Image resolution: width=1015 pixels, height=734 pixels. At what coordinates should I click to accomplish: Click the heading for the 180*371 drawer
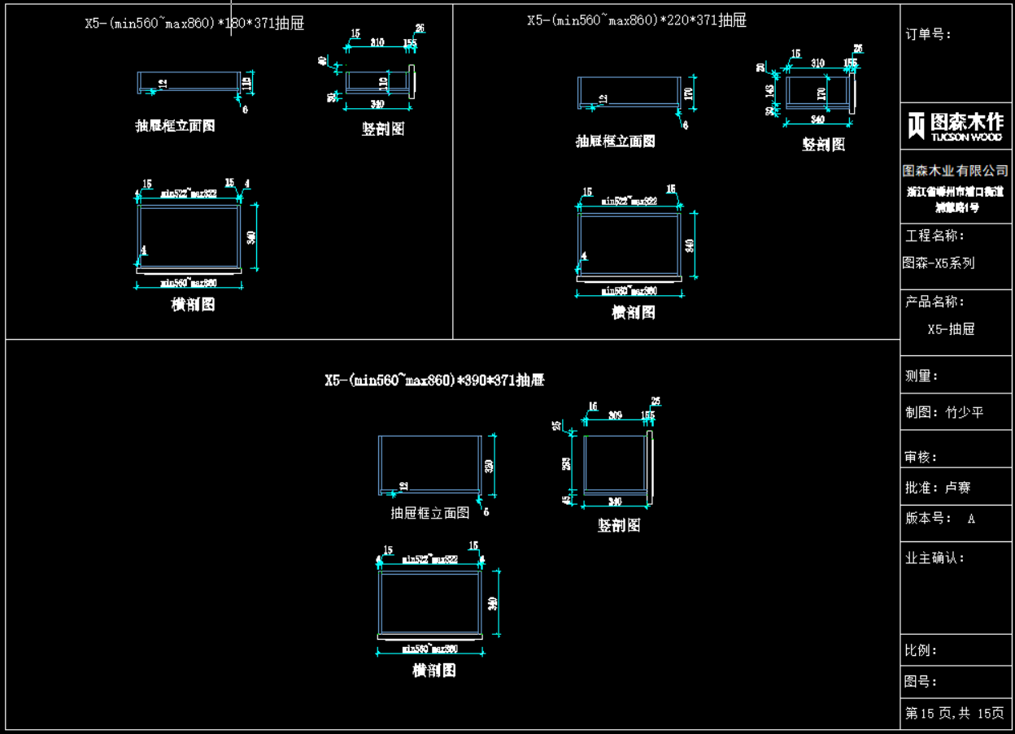coord(194,24)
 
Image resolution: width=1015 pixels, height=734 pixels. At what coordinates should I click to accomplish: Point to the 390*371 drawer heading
coord(434,380)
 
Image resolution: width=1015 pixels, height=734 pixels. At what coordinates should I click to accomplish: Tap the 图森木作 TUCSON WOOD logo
coord(956,126)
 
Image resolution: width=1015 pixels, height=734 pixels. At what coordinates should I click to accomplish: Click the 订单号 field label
coord(928,34)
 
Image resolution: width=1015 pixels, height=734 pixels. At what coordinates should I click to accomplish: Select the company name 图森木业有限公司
coord(956,171)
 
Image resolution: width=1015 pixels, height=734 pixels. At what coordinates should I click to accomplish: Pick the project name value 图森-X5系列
coord(939,263)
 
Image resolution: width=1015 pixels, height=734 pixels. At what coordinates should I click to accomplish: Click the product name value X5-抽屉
coord(951,329)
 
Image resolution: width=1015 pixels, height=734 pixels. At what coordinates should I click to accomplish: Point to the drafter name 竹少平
coord(965,412)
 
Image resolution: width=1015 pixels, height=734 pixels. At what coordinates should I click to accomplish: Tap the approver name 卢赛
coord(957,488)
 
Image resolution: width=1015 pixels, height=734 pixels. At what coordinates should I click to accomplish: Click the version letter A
coord(971,519)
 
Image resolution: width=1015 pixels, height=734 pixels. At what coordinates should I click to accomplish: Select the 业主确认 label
coord(935,558)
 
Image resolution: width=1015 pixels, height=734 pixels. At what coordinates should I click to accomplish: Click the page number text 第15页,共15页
coord(955,714)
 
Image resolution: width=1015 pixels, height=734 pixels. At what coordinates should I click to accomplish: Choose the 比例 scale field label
coord(921,650)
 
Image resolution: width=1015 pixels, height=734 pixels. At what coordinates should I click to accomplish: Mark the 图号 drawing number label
coord(921,682)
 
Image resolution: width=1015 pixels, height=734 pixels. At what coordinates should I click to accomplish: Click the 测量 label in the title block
coord(922,376)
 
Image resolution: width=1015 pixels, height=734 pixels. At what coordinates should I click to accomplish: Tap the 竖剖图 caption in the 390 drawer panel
coord(619,526)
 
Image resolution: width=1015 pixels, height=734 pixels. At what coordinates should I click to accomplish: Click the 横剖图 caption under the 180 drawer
coord(194,305)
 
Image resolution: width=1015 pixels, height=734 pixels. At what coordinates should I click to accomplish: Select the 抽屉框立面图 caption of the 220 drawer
coord(616,141)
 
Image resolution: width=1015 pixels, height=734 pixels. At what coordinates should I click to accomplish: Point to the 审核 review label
coord(921,458)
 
